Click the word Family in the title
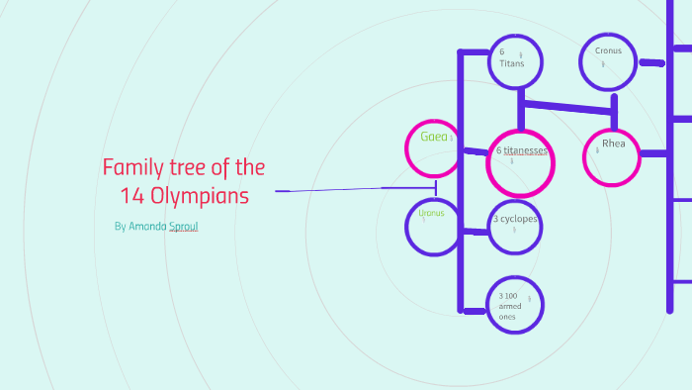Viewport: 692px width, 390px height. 133,166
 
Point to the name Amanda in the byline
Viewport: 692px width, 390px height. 148,227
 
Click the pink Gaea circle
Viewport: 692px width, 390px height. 434,147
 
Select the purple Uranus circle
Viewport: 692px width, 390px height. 433,226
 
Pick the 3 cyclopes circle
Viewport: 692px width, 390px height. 516,226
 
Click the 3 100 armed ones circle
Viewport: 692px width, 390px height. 515,304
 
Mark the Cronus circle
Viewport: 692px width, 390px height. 608,61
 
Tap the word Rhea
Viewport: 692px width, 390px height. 614,144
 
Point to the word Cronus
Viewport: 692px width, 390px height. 608,50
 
